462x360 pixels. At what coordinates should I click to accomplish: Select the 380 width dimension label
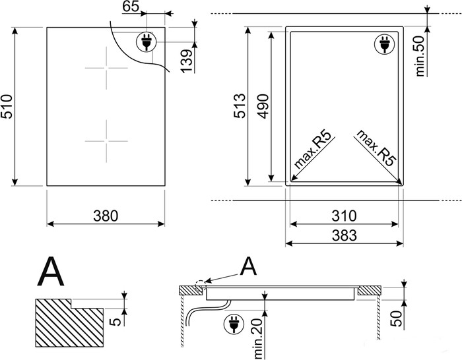[x=105, y=215]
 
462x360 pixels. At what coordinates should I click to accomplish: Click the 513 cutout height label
[x=240, y=105]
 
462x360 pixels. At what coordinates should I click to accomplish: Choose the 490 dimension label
[x=263, y=105]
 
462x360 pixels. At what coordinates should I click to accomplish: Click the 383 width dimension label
[x=343, y=235]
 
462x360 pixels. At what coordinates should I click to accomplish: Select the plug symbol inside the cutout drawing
[x=383, y=44]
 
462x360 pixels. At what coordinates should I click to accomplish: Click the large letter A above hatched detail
[x=52, y=271]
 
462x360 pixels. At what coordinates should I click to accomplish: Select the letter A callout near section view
[x=248, y=266]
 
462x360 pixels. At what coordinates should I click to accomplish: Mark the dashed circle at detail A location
[x=199, y=287]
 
